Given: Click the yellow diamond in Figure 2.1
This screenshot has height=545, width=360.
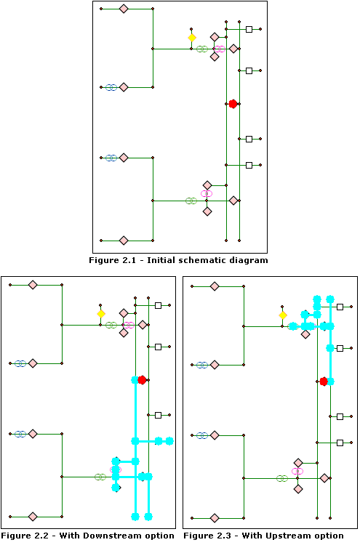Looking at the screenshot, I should pyautogui.click(x=192, y=38).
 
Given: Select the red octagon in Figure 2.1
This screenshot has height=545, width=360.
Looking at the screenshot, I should pyautogui.click(x=233, y=104).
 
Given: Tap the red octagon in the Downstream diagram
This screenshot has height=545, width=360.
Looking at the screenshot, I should pyautogui.click(x=143, y=380).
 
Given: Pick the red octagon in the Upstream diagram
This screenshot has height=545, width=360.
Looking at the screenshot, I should pyautogui.click(x=324, y=381).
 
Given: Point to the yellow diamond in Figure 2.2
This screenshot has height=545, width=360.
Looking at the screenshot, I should pyautogui.click(x=101, y=314).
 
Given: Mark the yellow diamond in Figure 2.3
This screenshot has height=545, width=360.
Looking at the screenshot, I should pyautogui.click(x=283, y=315).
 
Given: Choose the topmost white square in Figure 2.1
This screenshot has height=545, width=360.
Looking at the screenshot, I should pyautogui.click(x=249, y=29).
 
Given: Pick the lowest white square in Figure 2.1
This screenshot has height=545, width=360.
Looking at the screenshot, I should pyautogui.click(x=249, y=165).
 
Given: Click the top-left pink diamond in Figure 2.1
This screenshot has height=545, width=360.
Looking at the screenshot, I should pyautogui.click(x=124, y=9).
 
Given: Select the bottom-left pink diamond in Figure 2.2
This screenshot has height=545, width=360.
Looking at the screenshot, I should pyautogui.click(x=33, y=517).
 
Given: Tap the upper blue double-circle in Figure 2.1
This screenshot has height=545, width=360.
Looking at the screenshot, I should pyautogui.click(x=111, y=87).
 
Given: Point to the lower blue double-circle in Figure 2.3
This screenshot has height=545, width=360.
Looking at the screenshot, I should pyautogui.click(x=202, y=435).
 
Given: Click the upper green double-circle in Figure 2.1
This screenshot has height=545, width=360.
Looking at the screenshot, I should pyautogui.click(x=202, y=49).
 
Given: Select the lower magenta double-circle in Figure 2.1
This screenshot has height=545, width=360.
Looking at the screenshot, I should pyautogui.click(x=207, y=193).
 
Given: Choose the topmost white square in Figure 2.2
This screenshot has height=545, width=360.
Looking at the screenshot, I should pyautogui.click(x=158, y=305).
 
